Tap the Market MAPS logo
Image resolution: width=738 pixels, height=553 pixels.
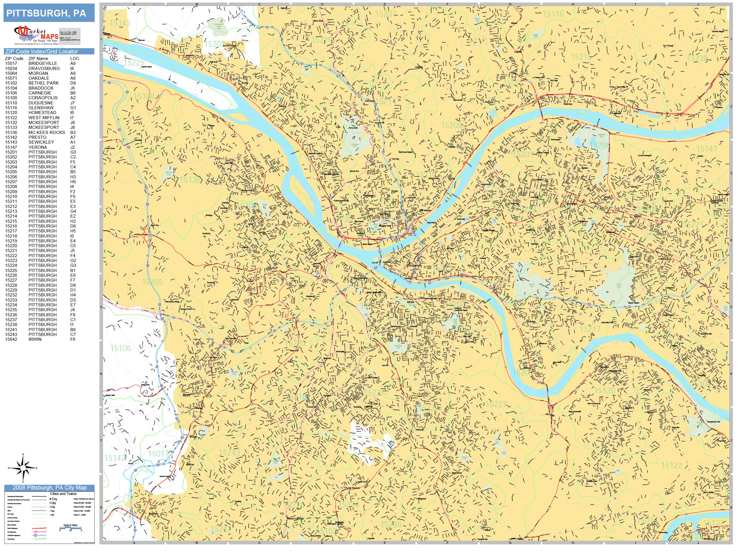[36, 35]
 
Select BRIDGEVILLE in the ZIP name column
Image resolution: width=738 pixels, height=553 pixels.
[43, 63]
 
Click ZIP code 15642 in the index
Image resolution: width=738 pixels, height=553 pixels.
[11, 339]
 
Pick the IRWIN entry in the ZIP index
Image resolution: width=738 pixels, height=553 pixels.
[35, 339]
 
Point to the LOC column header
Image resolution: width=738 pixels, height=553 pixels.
[74, 58]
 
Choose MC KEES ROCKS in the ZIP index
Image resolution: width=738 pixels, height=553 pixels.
[46, 132]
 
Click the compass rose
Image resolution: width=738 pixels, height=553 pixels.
[23, 468]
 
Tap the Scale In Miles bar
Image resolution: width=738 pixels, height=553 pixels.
[70, 528]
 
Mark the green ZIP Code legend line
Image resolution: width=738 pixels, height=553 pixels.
[39, 514]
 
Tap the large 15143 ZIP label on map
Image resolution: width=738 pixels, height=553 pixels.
[120, 23]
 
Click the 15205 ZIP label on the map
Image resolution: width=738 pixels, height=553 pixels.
[152, 282]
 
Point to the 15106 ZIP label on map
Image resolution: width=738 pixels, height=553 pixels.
[120, 348]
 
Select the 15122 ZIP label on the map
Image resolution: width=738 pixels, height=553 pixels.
[671, 465]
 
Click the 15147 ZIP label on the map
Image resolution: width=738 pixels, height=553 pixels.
[706, 149]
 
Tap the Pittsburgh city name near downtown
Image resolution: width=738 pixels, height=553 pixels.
[414, 265]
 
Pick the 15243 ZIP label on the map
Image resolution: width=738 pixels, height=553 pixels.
[229, 452]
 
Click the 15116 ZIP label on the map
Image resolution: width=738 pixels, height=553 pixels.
[553, 14]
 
